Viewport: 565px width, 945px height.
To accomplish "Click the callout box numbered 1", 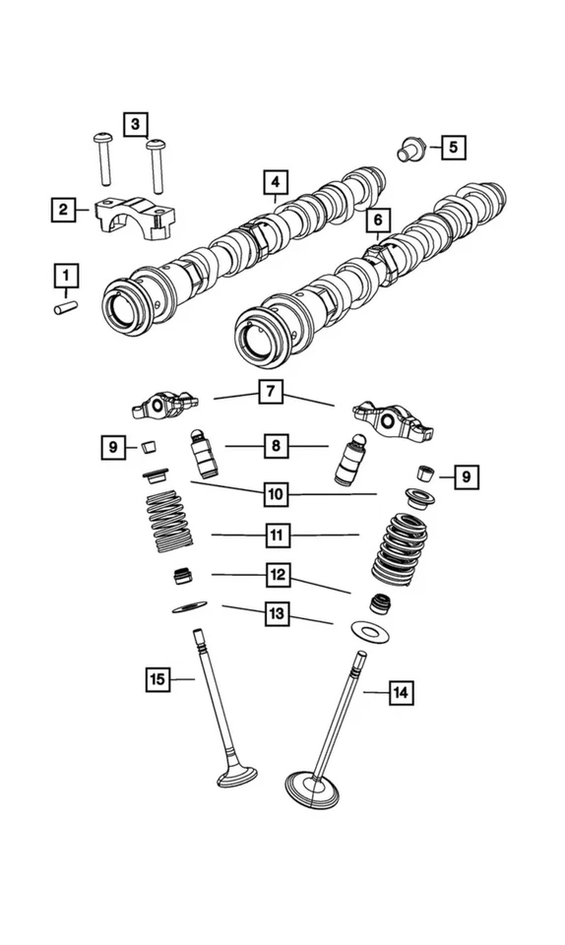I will [x=66, y=273].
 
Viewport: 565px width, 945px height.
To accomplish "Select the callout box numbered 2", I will [x=63, y=209].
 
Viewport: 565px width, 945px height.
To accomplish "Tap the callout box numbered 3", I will [x=137, y=124].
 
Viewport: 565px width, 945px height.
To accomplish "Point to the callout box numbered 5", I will [x=452, y=148].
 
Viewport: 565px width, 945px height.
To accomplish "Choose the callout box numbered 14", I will [x=398, y=693].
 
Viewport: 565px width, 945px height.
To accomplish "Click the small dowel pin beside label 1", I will [x=65, y=308].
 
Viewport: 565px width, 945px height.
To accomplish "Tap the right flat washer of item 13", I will [x=371, y=629].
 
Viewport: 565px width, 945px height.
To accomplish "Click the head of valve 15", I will [x=236, y=778].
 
